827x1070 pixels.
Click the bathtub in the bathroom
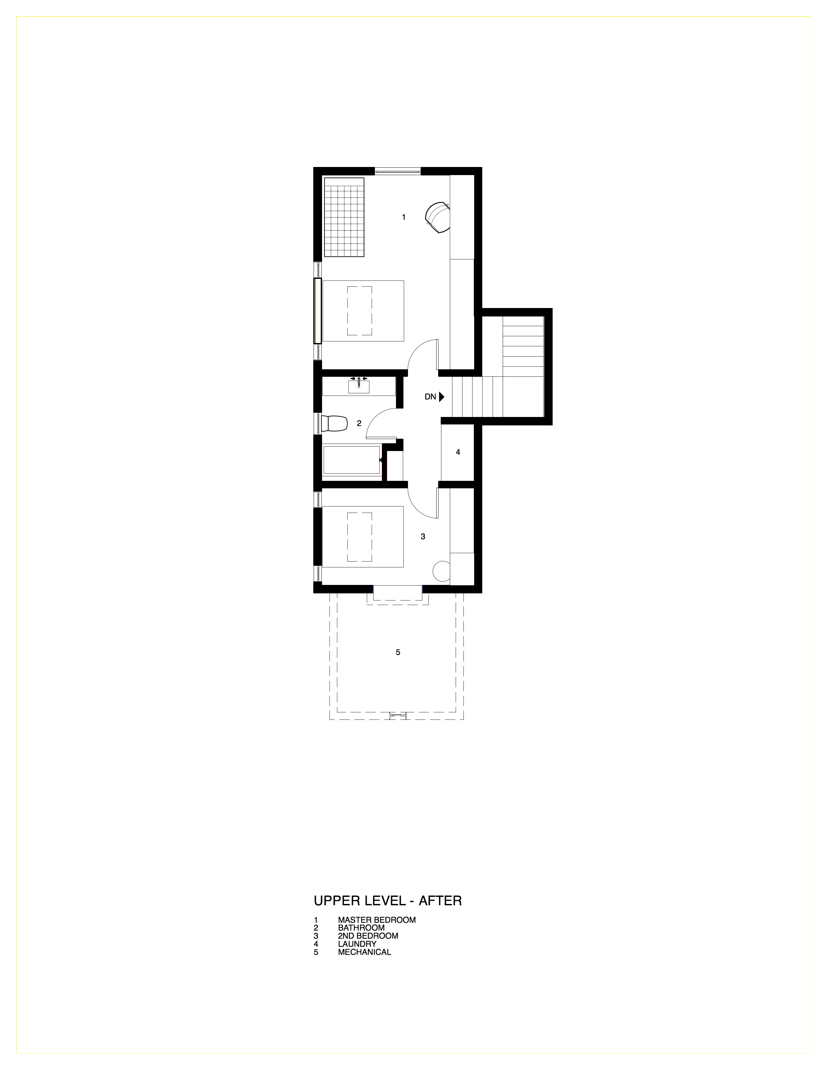(351, 459)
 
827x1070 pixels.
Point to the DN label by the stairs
(430, 397)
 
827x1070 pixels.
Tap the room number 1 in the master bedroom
(404, 217)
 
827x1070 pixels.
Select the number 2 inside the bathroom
(359, 423)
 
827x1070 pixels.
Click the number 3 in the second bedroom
(423, 537)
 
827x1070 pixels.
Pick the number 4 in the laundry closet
(458, 452)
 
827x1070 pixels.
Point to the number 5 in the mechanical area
(398, 652)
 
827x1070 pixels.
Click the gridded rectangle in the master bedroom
(344, 217)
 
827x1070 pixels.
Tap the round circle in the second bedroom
(441, 571)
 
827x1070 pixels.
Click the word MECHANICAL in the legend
(365, 952)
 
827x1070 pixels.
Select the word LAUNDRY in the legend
(357, 944)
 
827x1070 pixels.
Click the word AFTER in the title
(440, 900)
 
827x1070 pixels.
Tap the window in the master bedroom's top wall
(398, 171)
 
